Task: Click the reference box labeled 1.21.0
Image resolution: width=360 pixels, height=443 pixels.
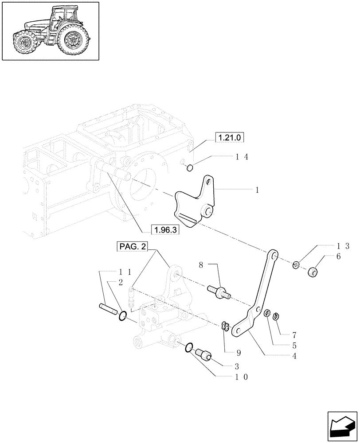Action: pos(230,138)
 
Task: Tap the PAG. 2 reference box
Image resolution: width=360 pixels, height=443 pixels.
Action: pos(133,246)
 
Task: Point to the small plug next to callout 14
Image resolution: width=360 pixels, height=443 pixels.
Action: pos(189,167)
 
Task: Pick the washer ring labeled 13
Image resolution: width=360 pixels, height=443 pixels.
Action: pos(296,265)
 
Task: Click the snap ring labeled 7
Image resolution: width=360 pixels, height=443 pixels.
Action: pos(277,316)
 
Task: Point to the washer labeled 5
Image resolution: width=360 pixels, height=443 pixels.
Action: pos(267,314)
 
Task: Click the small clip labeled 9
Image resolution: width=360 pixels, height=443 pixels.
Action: pos(225,326)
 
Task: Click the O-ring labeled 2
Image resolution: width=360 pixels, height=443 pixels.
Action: pos(124,315)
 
